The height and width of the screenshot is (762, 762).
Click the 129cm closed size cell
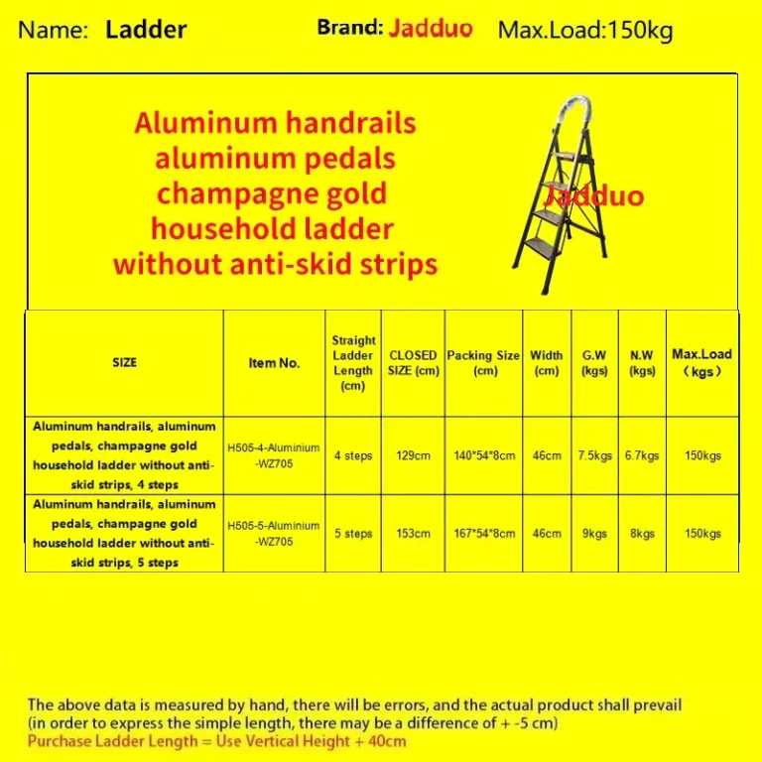point(413,455)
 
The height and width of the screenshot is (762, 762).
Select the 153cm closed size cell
point(413,533)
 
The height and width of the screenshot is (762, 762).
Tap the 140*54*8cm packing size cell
point(483,455)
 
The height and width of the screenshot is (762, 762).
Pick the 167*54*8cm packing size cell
point(483,533)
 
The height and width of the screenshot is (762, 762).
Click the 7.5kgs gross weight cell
point(594,455)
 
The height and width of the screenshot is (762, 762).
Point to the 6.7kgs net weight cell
point(642,455)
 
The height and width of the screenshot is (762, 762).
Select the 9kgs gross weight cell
point(594,533)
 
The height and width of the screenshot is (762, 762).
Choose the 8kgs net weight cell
point(642,533)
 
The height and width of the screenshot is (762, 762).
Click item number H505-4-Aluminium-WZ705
point(273,455)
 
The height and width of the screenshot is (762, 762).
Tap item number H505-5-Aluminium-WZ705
point(273,533)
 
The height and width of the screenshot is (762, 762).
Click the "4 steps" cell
point(353,455)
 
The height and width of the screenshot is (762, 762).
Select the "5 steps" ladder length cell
point(353,533)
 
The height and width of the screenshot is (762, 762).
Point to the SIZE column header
point(124,362)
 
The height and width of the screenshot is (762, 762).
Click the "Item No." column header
point(274,362)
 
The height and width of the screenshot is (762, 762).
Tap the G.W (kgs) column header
point(594,362)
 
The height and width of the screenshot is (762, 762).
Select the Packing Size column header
point(483,362)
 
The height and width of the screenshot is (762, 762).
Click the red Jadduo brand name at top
point(431,28)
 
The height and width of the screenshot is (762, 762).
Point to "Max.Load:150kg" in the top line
point(585,30)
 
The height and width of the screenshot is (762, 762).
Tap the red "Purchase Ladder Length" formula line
point(216,741)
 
